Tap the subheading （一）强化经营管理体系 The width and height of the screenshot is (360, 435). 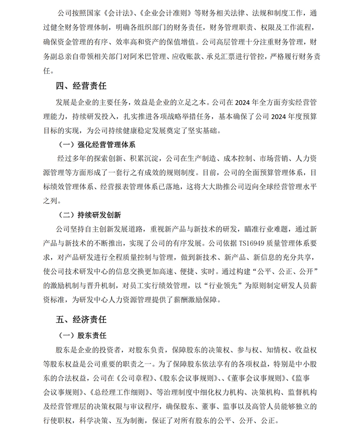97,144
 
